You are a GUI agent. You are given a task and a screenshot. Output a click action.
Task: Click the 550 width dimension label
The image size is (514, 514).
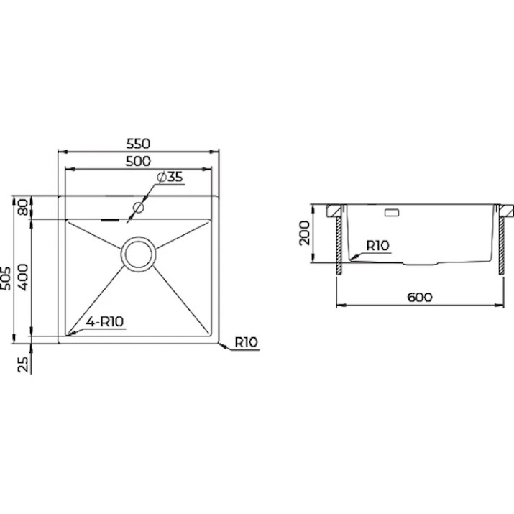point(138,144)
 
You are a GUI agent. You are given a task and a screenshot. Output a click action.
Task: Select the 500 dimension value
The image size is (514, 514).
point(138,161)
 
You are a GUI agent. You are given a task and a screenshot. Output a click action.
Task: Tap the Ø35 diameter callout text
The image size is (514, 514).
point(170,177)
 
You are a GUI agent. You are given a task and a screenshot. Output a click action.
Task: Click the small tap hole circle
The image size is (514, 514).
point(138,207)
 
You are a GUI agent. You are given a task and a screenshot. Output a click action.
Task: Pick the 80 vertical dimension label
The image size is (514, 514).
point(23,208)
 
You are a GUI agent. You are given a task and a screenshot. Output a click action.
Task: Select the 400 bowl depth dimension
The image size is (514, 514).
point(23,277)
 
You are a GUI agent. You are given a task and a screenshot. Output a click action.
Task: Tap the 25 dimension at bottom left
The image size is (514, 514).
point(23,364)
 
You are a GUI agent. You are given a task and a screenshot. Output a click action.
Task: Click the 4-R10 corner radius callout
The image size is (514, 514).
point(105,321)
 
